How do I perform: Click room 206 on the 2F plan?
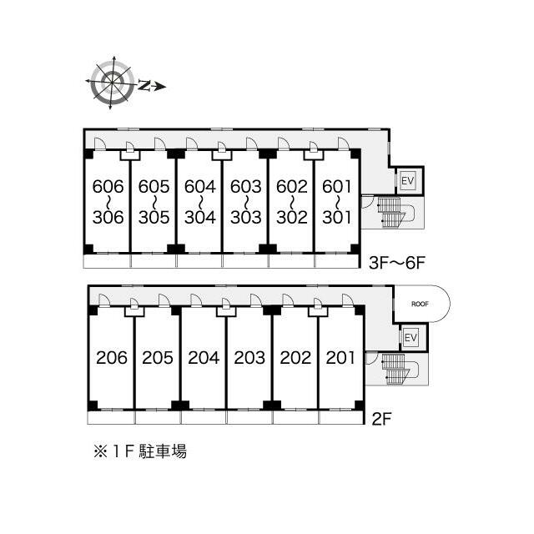click(x=112, y=358)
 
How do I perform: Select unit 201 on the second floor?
click(x=340, y=358)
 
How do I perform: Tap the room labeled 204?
click(x=204, y=358)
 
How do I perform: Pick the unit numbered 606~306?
click(x=108, y=202)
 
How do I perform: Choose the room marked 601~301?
click(x=336, y=202)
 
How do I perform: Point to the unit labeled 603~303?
click(x=245, y=202)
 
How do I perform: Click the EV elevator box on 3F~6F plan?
click(x=407, y=180)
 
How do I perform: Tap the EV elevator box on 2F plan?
click(x=411, y=338)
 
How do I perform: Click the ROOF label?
click(x=420, y=304)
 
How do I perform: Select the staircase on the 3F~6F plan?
click(x=395, y=213)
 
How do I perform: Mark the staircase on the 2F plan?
click(x=399, y=369)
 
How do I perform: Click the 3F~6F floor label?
click(x=397, y=263)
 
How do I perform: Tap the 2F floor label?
click(x=381, y=419)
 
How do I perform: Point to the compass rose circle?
click(x=112, y=83)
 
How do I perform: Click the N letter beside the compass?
click(x=144, y=85)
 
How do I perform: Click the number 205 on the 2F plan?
click(x=158, y=358)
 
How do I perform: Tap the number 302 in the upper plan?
click(x=292, y=217)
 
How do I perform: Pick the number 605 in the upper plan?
click(x=154, y=186)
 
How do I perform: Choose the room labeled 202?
click(x=295, y=358)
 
